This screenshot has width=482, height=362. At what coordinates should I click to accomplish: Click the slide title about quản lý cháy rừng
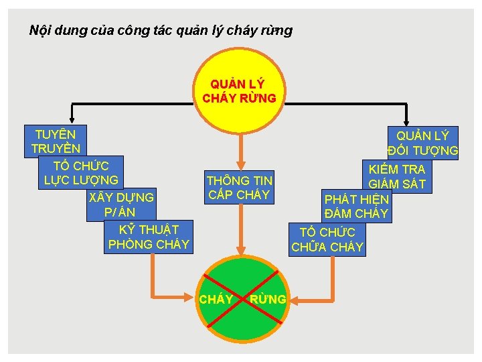(161, 31)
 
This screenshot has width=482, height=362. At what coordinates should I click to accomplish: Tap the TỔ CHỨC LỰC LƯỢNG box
(81, 172)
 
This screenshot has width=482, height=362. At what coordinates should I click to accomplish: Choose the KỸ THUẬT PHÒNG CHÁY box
(149, 237)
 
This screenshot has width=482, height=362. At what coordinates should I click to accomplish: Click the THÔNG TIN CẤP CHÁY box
(239, 188)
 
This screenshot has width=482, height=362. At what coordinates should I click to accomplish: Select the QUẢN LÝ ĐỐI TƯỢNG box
(422, 142)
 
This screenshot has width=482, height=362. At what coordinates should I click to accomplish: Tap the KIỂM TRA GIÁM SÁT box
(397, 176)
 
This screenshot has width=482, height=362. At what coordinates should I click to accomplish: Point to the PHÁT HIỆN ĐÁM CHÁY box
(356, 206)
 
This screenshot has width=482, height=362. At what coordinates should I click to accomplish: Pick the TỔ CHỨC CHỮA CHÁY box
(327, 239)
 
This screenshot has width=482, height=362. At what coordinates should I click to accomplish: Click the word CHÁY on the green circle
(216, 299)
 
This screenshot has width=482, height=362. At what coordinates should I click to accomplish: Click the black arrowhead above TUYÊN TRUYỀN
(72, 118)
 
